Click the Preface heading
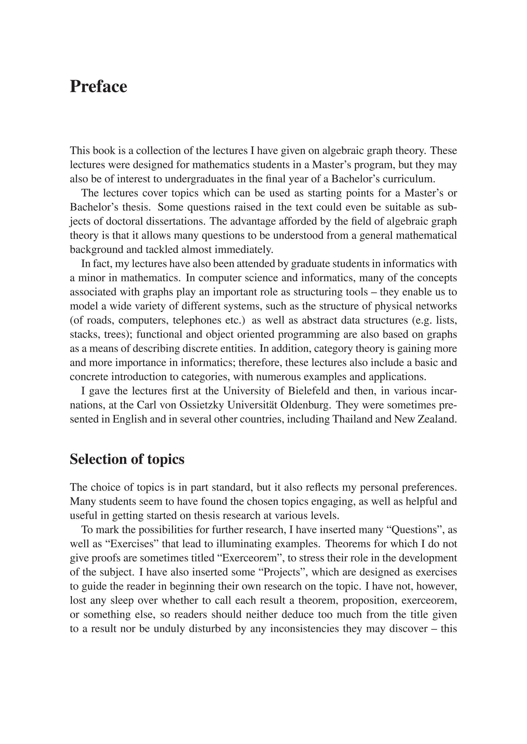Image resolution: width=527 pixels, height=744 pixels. pyautogui.click(x=98, y=87)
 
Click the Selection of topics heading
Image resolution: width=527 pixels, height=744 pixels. pyautogui.click(x=127, y=459)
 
